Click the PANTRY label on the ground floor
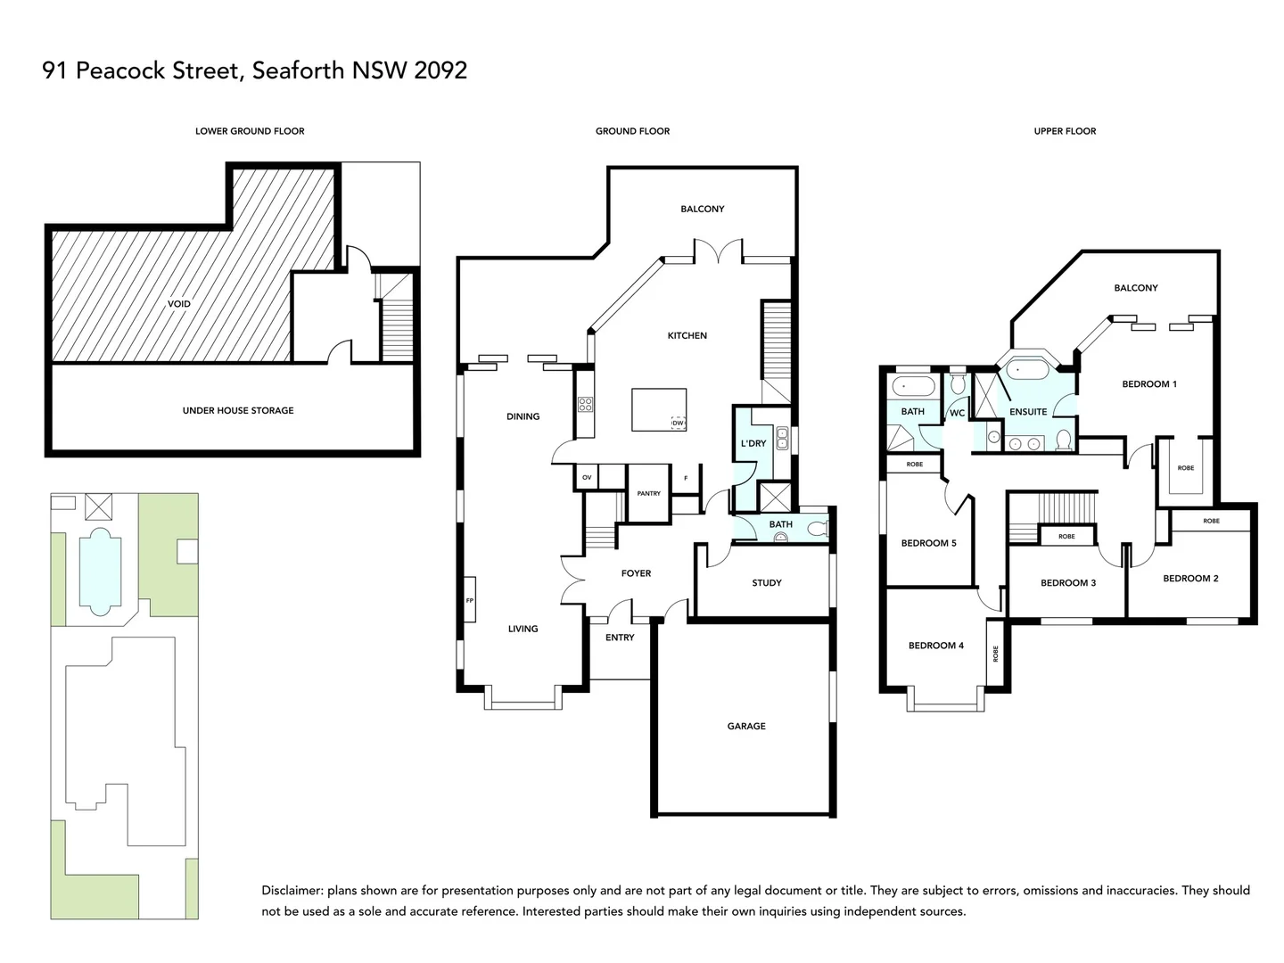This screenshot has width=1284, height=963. point(648,493)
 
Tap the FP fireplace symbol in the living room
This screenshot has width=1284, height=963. point(469,601)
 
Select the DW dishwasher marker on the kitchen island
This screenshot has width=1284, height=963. point(678,423)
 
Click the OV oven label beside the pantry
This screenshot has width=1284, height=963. point(586,478)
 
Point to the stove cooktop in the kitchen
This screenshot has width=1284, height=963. point(585,405)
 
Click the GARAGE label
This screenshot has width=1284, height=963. point(746,726)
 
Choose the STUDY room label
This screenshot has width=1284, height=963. point(766,582)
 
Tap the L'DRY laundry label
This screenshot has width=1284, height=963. point(753,443)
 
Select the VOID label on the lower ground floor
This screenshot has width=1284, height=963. point(178,303)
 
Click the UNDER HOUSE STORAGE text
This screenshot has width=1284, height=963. point(237,410)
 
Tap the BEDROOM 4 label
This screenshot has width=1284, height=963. point(935,645)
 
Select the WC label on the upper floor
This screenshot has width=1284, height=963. point(956,413)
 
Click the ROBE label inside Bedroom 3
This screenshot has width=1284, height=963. point(1066,536)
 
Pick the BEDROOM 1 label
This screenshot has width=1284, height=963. point(1148,383)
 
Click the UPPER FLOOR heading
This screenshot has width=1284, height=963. point(1065,131)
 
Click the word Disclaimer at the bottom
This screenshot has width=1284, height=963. point(292,890)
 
